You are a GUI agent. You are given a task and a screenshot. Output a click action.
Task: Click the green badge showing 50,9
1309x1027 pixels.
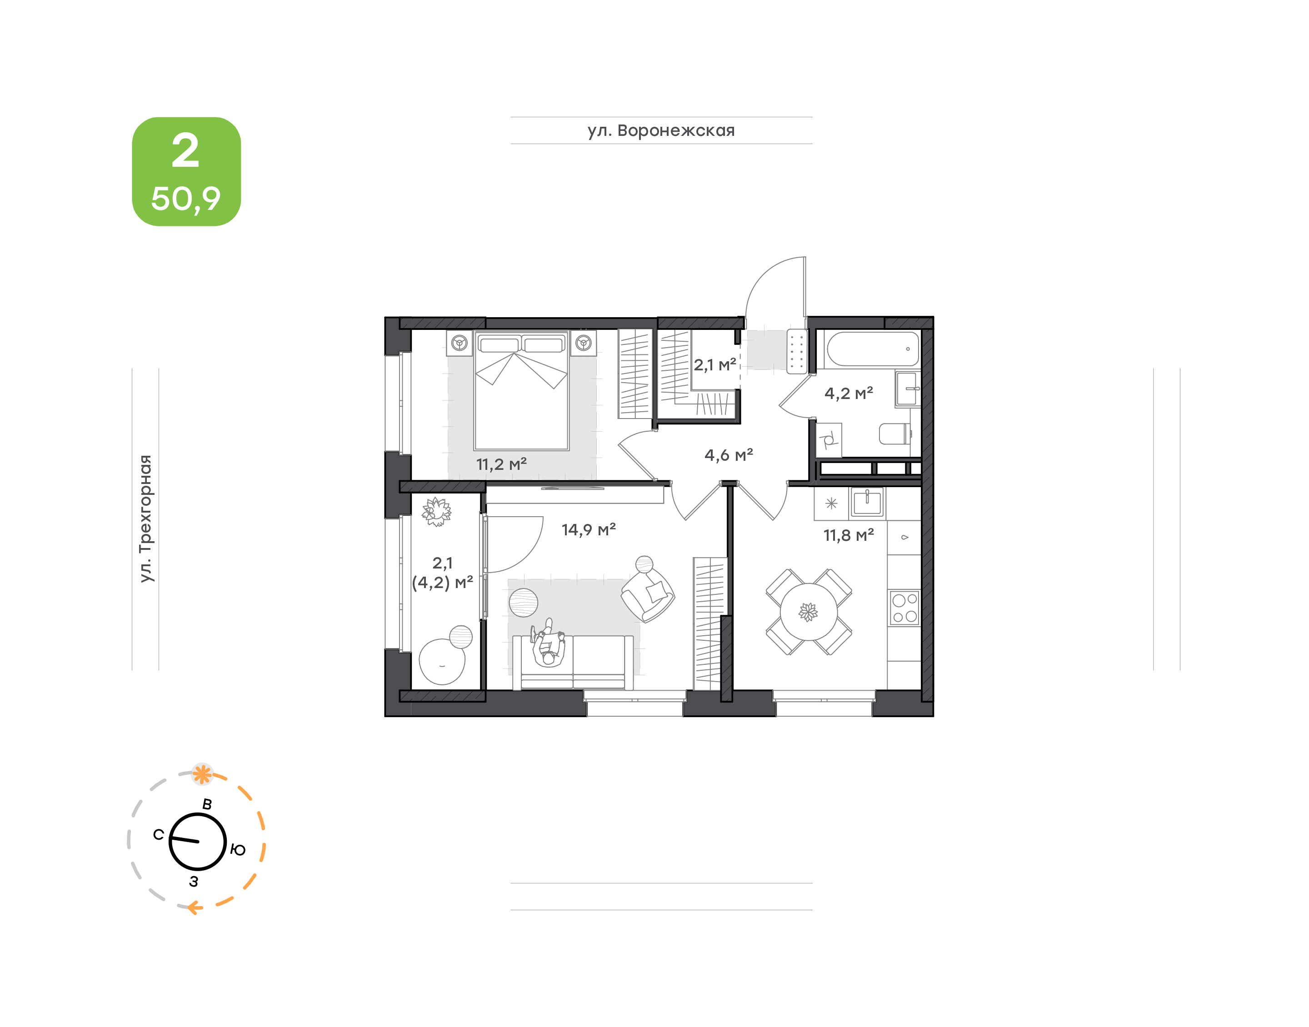(x=186, y=171)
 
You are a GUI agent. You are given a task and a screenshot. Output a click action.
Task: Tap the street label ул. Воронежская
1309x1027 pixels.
(x=661, y=130)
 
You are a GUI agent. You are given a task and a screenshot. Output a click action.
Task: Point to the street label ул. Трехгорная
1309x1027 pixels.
(x=145, y=518)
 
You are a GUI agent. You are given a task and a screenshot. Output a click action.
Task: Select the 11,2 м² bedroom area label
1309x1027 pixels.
(x=501, y=464)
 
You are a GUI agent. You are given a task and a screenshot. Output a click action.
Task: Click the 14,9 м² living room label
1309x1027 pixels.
(x=589, y=530)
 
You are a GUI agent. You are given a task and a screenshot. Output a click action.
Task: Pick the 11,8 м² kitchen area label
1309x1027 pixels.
(x=849, y=535)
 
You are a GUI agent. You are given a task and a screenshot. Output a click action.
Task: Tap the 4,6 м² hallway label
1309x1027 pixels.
(x=729, y=455)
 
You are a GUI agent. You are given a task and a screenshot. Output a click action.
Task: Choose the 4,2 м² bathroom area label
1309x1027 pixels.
(x=849, y=393)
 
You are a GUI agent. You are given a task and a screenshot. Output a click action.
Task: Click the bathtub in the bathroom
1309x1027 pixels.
(x=873, y=349)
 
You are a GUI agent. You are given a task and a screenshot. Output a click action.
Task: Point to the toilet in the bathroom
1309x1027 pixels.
(x=895, y=434)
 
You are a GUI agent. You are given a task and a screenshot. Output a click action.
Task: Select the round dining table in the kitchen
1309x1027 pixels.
(x=809, y=612)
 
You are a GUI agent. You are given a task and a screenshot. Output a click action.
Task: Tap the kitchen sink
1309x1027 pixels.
(x=867, y=503)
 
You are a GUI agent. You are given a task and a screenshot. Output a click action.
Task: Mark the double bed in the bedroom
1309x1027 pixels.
(x=521, y=390)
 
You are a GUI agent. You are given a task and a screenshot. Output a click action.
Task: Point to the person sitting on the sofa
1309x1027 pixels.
(x=548, y=643)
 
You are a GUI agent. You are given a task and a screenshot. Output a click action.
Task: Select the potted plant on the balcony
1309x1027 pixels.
(x=436, y=512)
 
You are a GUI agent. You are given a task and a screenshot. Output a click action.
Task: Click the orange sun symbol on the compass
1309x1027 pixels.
(x=202, y=774)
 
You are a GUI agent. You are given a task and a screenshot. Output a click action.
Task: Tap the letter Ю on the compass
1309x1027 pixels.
(x=238, y=850)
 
